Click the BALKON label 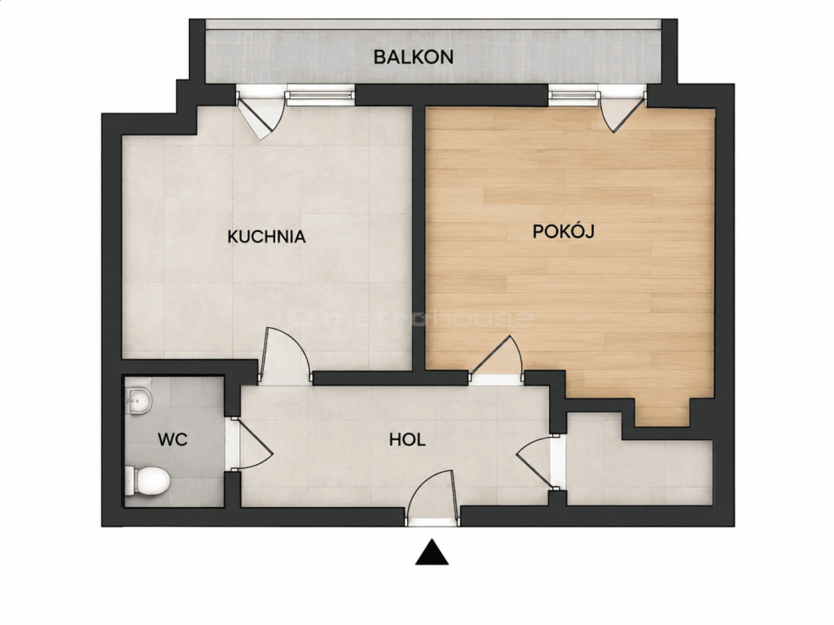pyautogui.click(x=414, y=57)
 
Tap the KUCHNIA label pyautogui.click(x=266, y=236)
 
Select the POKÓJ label pyautogui.click(x=563, y=231)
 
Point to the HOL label pyautogui.click(x=407, y=440)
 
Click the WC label pyautogui.click(x=172, y=440)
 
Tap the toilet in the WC pyautogui.click(x=147, y=481)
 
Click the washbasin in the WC pyautogui.click(x=138, y=401)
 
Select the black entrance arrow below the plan pyautogui.click(x=432, y=552)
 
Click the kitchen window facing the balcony pyautogui.click(x=320, y=95)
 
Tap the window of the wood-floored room pyautogui.click(x=574, y=95)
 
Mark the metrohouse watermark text pyautogui.click(x=432, y=319)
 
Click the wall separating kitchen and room pyautogui.click(x=418, y=238)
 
